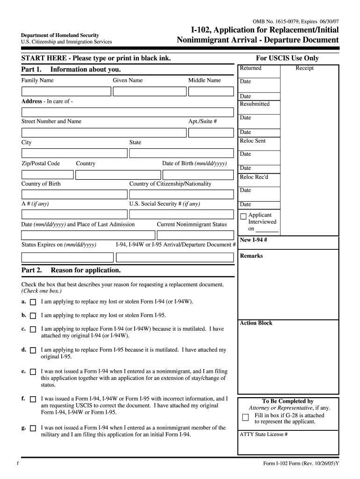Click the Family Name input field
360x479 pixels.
[x=65, y=91]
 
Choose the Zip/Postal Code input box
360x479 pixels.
[x=47, y=174]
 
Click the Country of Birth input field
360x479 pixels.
[x=74, y=195]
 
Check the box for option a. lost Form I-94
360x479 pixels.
[x=33, y=302]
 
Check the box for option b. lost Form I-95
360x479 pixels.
[x=33, y=316]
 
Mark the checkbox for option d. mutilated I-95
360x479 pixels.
[x=33, y=350]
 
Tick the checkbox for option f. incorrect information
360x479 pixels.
[x=33, y=399]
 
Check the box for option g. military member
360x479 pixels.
[x=33, y=428]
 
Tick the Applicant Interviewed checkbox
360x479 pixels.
[x=243, y=216]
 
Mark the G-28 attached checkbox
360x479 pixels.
[x=245, y=417]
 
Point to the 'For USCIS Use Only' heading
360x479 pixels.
[x=287, y=58]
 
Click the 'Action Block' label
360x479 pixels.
[x=256, y=323]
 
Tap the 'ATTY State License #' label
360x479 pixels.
[x=263, y=434]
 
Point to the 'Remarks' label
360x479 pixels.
[x=251, y=256]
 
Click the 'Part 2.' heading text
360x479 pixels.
[x=32, y=270]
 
